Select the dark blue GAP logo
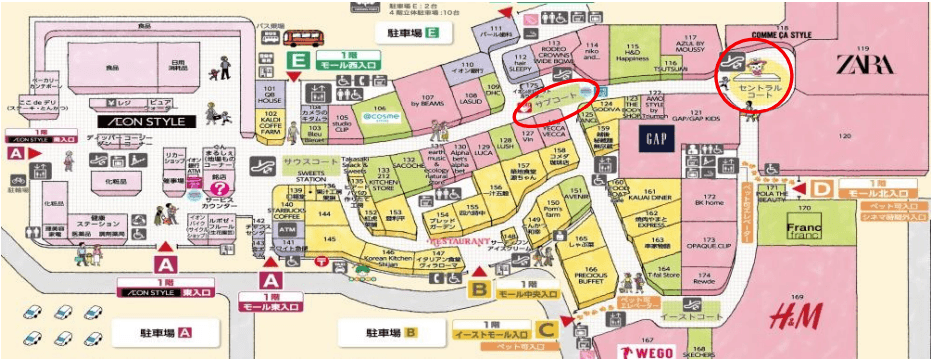[656, 139]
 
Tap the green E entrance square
[297, 61]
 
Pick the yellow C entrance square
[546, 327]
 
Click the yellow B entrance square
[481, 291]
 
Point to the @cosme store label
[380, 116]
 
